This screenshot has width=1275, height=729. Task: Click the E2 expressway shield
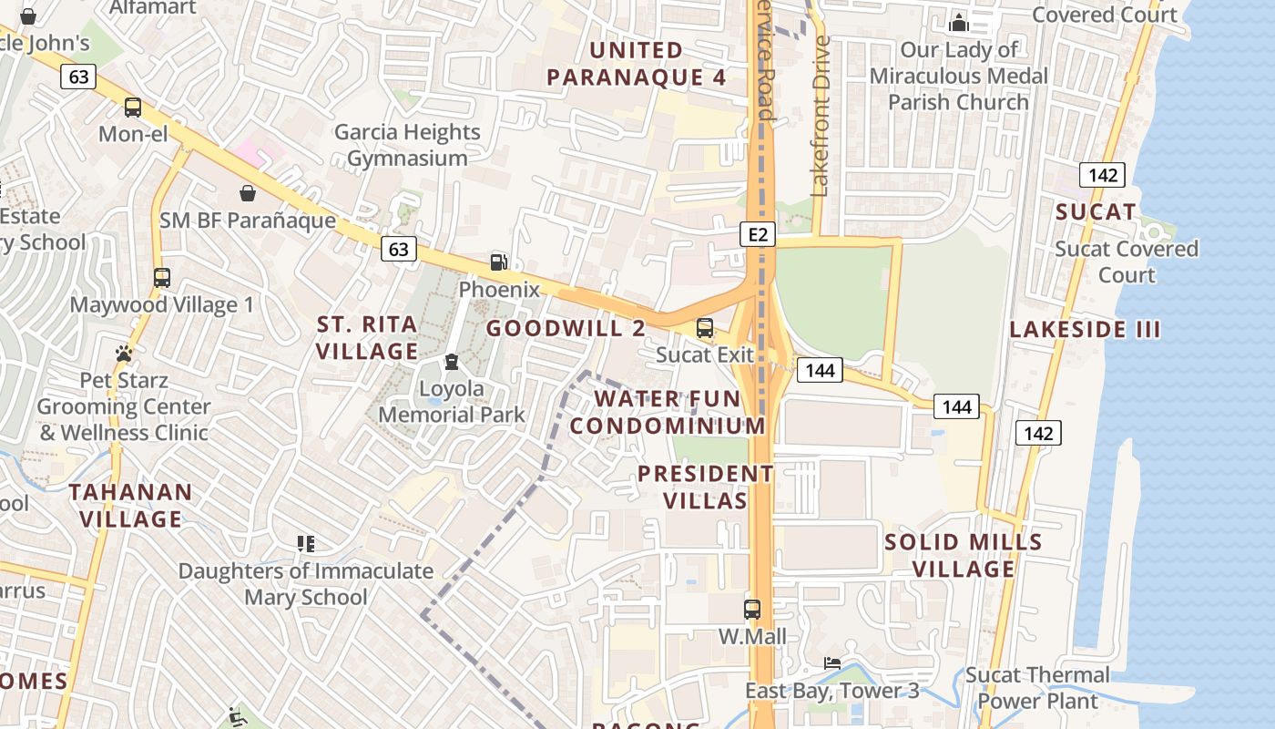[x=758, y=235]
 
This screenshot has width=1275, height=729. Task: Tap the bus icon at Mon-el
[x=133, y=108]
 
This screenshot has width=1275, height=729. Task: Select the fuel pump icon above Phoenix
[x=499, y=262]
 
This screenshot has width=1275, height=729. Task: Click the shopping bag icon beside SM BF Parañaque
[x=247, y=193]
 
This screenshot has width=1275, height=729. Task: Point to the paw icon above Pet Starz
[x=124, y=353]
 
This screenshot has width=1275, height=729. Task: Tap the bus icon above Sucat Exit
[x=705, y=328]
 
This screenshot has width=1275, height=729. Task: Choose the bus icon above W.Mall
[x=752, y=609]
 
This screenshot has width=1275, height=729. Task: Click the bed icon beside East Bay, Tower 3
[x=832, y=663]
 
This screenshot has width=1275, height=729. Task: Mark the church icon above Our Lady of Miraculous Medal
[x=958, y=23]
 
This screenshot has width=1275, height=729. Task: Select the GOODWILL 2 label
[x=566, y=328]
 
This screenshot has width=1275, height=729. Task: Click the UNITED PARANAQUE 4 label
[x=637, y=64]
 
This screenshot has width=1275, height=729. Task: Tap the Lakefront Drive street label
[x=821, y=116]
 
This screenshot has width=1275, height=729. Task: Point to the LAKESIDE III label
[x=1085, y=330]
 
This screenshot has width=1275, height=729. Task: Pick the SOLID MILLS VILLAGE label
[x=964, y=555]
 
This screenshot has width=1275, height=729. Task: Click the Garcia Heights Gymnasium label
[x=407, y=145]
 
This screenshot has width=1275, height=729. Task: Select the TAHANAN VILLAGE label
[x=131, y=506]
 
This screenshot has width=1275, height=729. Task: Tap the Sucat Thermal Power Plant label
[x=1037, y=688]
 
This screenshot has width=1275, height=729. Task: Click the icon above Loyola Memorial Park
[x=452, y=363]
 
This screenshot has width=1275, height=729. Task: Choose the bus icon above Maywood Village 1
[x=162, y=278]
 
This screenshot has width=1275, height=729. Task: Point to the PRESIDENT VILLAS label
[x=706, y=487]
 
